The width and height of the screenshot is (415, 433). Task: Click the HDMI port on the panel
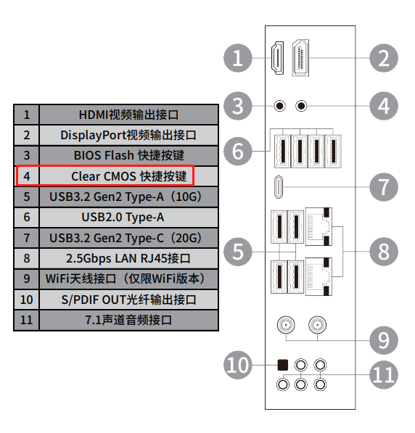[x=277, y=58]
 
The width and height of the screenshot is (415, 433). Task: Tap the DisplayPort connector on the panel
[x=300, y=58]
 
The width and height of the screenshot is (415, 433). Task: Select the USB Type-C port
[x=279, y=187]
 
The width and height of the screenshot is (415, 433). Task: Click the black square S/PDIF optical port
[x=283, y=365]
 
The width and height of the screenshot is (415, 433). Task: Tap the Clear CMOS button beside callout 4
[x=301, y=106]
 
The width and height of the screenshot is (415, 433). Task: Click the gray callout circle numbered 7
[x=384, y=187]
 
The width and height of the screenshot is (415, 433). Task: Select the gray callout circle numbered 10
[x=238, y=365]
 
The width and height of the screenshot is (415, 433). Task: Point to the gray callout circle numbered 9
[x=384, y=340]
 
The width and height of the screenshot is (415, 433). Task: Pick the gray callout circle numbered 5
[x=238, y=252]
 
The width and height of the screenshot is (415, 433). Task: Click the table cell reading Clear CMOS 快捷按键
[x=128, y=176]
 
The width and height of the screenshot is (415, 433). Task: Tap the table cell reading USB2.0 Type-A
[x=128, y=217]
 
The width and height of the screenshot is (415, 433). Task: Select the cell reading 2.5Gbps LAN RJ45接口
[x=128, y=258]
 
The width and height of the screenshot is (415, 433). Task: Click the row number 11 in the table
[x=27, y=320]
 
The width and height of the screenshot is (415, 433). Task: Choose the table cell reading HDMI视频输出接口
[x=128, y=115]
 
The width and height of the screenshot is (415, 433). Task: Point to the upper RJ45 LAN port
[x=319, y=227]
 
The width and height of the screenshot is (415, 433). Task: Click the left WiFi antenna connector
[x=286, y=325]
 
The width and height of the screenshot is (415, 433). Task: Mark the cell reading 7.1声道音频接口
[x=128, y=320]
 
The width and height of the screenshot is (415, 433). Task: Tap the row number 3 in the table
[x=27, y=155]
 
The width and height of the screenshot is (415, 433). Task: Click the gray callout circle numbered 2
[x=384, y=58]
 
